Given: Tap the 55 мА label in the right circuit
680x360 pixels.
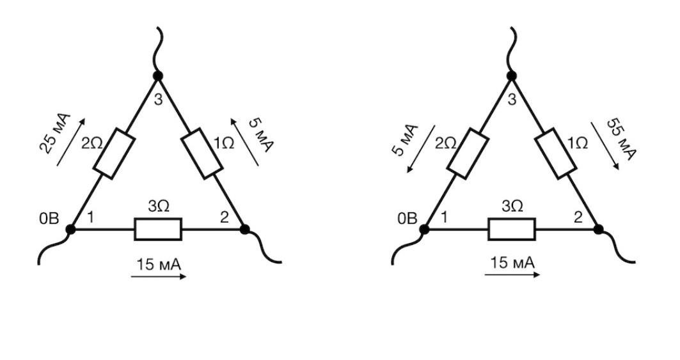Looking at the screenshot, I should click(x=621, y=139).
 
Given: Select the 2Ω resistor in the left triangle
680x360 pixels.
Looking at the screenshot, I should click(x=114, y=153).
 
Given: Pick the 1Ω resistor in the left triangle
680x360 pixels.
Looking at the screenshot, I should click(x=202, y=153).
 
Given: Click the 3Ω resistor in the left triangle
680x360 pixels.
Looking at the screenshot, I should click(x=158, y=228).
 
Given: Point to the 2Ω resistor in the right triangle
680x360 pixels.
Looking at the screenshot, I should click(x=468, y=153).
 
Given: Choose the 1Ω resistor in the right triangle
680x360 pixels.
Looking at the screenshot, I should click(x=556, y=153).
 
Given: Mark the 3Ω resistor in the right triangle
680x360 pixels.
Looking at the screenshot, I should click(x=512, y=228).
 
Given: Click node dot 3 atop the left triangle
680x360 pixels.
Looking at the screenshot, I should click(x=158, y=76).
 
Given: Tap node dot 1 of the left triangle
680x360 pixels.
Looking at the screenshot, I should click(x=70, y=228).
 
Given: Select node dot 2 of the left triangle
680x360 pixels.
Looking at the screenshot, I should click(x=244, y=228).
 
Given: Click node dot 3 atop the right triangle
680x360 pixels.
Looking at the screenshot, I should click(x=511, y=76).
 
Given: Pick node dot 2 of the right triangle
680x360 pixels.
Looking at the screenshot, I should click(x=598, y=228).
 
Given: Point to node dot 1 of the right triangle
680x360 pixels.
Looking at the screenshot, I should click(x=424, y=228).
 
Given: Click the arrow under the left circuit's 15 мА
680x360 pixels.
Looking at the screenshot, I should click(x=159, y=277).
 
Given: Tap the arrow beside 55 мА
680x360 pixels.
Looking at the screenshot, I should click(x=605, y=146).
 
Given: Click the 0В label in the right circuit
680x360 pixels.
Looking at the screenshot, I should click(x=407, y=219).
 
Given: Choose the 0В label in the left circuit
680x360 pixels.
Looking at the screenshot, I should click(x=49, y=219).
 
